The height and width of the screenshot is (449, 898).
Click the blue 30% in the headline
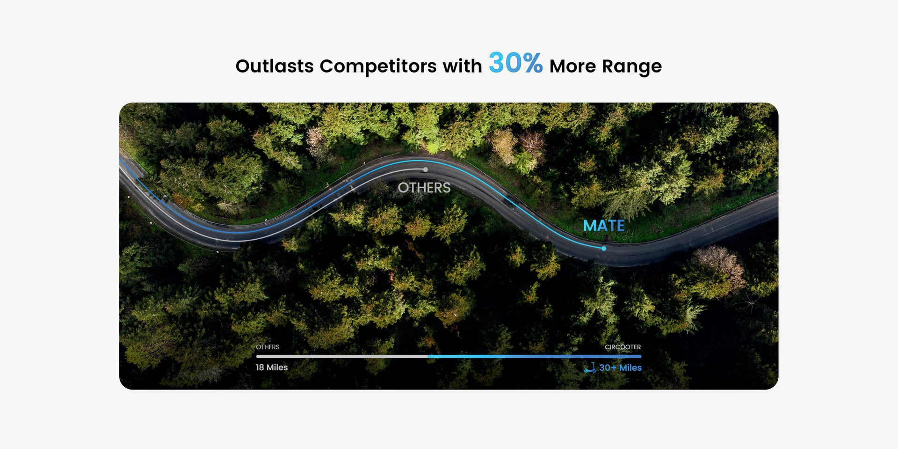click(x=515, y=63)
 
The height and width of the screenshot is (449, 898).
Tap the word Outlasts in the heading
click(x=275, y=66)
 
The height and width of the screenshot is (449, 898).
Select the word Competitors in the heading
click(x=377, y=66)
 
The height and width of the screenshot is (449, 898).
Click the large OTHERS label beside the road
click(x=424, y=188)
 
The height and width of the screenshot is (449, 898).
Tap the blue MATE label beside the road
click(x=604, y=226)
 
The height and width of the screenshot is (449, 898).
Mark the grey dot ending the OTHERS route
click(x=425, y=169)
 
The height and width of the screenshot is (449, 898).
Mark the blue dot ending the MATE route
click(x=604, y=248)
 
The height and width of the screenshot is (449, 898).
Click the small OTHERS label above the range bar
click(x=268, y=347)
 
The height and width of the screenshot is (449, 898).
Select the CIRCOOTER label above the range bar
click(x=623, y=347)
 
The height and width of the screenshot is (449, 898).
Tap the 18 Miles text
click(x=272, y=368)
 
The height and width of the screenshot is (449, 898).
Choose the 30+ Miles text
click(x=620, y=368)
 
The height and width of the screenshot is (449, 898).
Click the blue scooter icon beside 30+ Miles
click(x=590, y=368)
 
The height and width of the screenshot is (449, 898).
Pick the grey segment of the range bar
click(x=342, y=356)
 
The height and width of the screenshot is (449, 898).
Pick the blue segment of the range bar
click(x=535, y=356)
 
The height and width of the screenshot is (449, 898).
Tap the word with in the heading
click(x=462, y=66)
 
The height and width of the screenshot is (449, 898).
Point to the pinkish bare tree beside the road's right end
click(x=720, y=265)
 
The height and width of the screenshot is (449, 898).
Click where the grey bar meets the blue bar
click(x=428, y=356)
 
